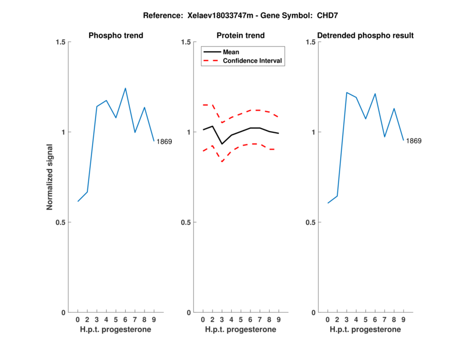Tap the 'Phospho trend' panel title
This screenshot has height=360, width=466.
coord(116,36)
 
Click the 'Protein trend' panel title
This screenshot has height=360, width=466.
coord(241,36)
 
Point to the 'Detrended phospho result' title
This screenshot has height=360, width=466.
coord(366,36)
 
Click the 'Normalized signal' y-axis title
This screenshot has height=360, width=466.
coord(50,177)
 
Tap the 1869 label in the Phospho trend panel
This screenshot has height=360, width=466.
coord(164,142)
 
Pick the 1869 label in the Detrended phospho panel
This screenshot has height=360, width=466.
coord(414,141)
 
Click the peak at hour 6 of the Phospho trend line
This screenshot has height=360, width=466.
coord(125,88)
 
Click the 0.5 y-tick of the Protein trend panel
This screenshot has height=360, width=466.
coord(185,222)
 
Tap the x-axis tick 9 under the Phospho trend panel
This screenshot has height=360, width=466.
coord(154,320)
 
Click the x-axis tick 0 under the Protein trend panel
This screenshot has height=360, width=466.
coord(203,320)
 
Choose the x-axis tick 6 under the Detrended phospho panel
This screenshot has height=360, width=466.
coord(375,320)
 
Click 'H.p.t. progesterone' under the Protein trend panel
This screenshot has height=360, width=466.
coord(241,330)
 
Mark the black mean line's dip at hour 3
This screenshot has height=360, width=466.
coord(222,144)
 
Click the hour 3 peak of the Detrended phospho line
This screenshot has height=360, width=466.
coord(347,93)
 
